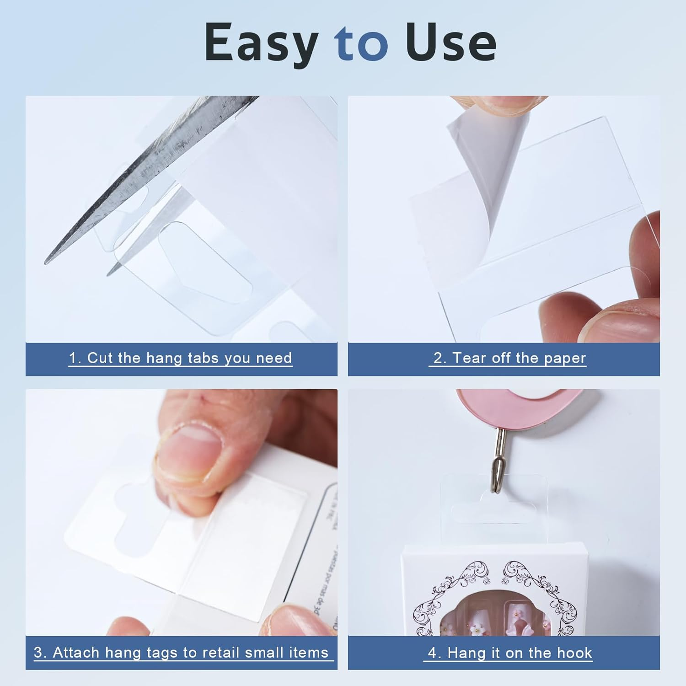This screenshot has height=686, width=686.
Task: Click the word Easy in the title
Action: click(x=261, y=43)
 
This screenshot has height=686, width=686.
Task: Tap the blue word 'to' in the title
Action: click(x=361, y=43)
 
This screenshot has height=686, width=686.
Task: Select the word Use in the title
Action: click(x=450, y=43)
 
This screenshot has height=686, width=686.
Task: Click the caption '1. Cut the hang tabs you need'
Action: click(x=181, y=358)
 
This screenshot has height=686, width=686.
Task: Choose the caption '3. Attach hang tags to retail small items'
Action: click(x=181, y=652)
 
